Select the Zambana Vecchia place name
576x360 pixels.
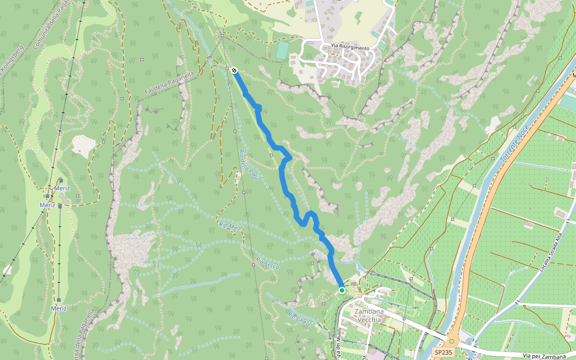(368, 316)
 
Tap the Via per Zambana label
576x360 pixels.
(544, 356)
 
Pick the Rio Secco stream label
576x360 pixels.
(268, 263)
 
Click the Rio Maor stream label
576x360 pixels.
(230, 226)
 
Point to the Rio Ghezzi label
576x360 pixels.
(299, 319)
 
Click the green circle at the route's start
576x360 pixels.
(342, 290)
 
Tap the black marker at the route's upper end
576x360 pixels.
(233, 70)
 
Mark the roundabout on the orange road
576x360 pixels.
(452, 341)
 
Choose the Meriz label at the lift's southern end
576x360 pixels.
(59, 308)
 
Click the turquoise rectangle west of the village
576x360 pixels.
(282, 50)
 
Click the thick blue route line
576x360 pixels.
(283, 174)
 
